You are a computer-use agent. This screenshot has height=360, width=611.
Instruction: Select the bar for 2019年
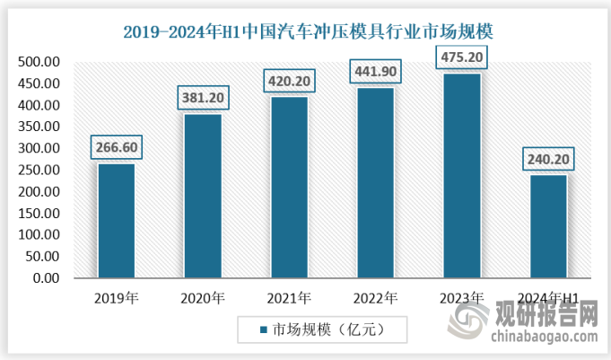click(116, 221)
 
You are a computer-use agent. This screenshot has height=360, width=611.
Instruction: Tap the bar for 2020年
click(203, 196)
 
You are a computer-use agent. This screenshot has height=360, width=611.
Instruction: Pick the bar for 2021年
click(289, 188)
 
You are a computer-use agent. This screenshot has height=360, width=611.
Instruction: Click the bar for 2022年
click(375, 183)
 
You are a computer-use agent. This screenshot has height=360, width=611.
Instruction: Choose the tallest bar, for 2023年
click(461, 176)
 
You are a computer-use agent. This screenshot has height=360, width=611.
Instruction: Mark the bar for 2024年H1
click(548, 226)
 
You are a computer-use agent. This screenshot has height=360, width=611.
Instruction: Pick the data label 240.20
click(548, 160)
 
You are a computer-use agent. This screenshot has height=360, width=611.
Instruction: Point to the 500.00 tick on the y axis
click(39, 62)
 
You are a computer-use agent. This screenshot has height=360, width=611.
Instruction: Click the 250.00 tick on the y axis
click(39, 171)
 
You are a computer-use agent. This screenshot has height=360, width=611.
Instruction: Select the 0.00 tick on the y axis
click(46, 278)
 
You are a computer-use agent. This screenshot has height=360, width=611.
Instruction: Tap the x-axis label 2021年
click(289, 297)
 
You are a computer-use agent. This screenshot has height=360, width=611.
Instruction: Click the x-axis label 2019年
click(116, 297)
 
